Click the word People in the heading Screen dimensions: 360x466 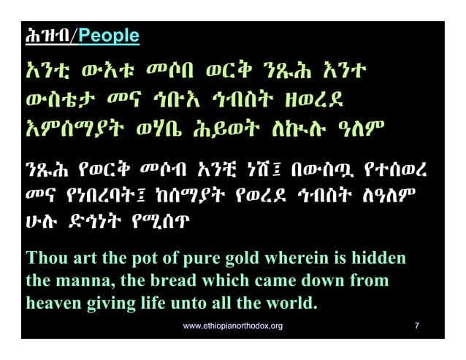click(109, 36)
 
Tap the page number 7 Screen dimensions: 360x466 click(416, 325)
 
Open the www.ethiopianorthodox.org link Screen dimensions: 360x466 click(232, 325)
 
